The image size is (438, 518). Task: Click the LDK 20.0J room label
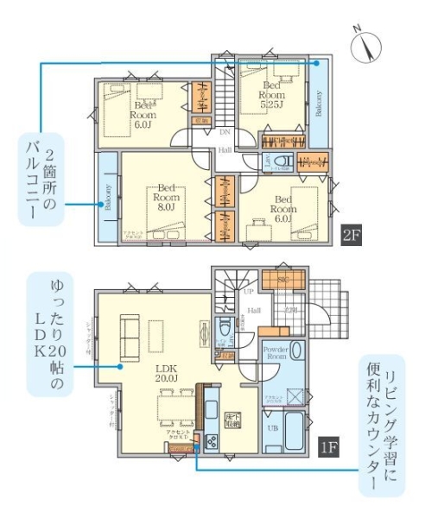click(166, 371)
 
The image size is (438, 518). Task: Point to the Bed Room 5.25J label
click(272, 97)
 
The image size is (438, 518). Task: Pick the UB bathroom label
click(273, 428)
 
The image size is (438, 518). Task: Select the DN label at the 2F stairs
click(224, 133)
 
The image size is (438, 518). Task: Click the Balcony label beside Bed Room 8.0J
click(108, 199)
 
